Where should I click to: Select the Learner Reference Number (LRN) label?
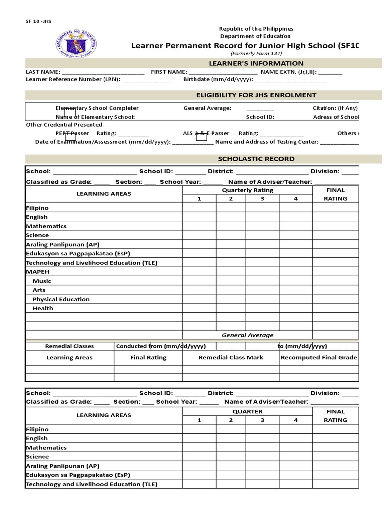tap(73, 80)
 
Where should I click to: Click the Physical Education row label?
tap(61, 299)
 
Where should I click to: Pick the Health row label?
tap(42, 308)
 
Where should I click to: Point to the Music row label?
tap(42, 281)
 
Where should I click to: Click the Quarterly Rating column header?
tap(247, 190)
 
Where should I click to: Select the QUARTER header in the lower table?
tap(247, 412)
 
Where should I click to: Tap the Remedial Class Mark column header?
tap(231, 358)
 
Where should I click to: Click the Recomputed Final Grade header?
tap(319, 358)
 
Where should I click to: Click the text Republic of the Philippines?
tap(257, 29)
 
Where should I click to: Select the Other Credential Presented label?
tap(64, 125)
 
